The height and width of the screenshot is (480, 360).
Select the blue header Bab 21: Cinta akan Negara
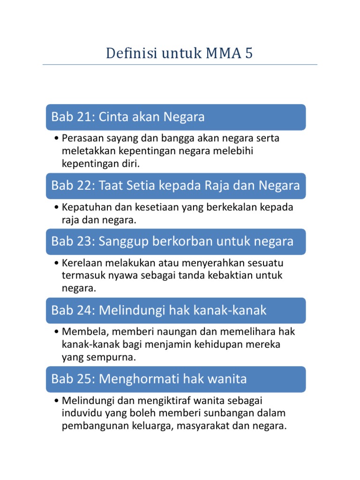[x=175, y=117]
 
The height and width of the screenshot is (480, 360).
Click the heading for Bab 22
[x=175, y=186]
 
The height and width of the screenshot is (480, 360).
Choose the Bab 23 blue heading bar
[x=175, y=241]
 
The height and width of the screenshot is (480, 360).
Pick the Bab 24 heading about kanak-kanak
[x=175, y=310]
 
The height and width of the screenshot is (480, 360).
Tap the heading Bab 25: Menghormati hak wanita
[x=175, y=379]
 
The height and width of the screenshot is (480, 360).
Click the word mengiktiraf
[x=162, y=401]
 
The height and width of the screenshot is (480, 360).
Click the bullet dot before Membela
[x=56, y=332]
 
